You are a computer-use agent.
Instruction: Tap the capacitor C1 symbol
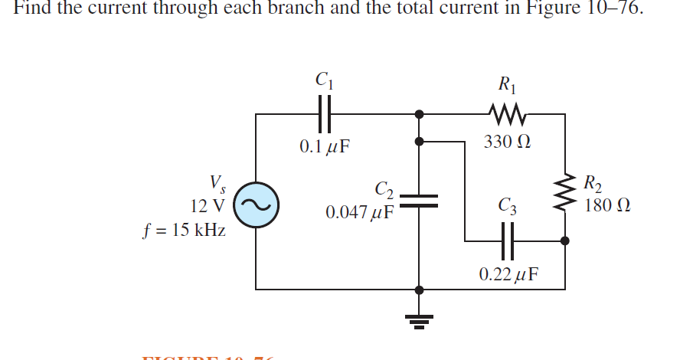(324, 114)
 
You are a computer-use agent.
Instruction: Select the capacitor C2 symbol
(418, 201)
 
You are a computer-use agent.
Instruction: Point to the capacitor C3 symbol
(508, 240)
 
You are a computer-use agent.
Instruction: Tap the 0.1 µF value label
(325, 146)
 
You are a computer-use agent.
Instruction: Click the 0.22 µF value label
(509, 273)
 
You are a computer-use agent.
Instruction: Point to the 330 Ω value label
(508, 143)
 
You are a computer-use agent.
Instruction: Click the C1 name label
(324, 78)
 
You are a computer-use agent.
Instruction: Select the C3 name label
(507, 205)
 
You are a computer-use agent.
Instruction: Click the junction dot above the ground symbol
(418, 290)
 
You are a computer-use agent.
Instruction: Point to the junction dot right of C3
(565, 241)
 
